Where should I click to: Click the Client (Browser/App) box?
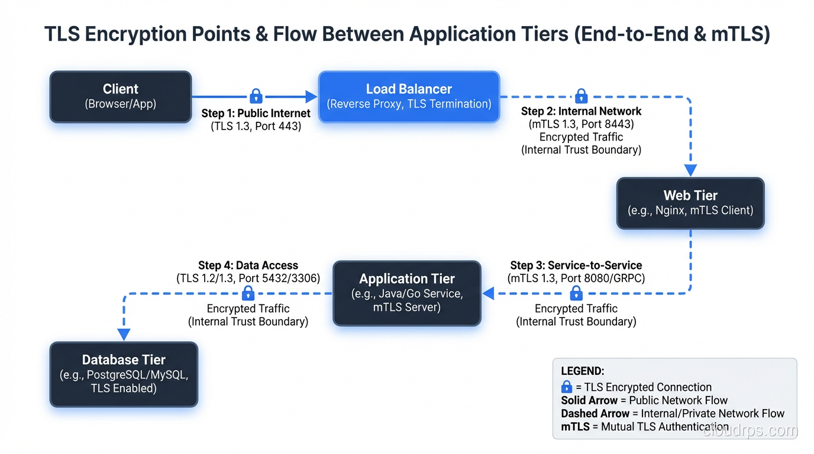[121, 97]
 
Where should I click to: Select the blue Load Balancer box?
[409, 97]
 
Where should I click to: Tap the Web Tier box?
[690, 203]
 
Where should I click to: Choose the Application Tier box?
[407, 293]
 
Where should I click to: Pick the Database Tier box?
[124, 374]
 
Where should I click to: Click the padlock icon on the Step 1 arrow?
[256, 96]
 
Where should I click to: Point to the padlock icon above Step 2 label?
[581, 96]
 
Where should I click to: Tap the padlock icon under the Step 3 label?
[576, 293]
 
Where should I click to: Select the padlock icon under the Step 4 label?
[248, 293]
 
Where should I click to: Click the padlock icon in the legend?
[567, 387]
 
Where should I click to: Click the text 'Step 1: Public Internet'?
[256, 113]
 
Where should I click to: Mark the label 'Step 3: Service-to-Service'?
[576, 265]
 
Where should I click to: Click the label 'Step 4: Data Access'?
[248, 265]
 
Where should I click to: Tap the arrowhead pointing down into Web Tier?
[690, 170]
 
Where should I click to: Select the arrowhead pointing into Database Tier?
[124, 335]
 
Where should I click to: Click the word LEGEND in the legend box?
[582, 371]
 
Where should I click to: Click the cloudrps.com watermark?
[750, 431]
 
